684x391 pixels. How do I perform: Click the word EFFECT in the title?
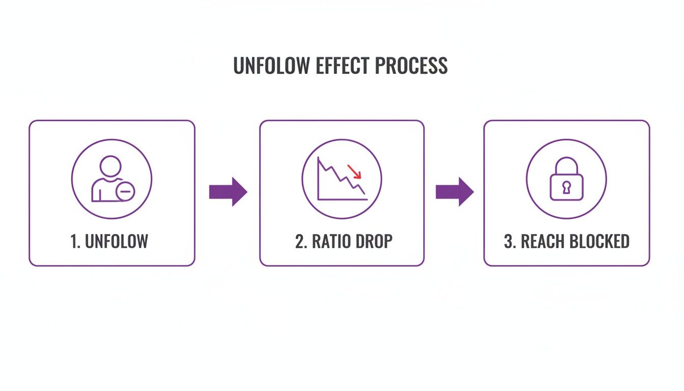[x=338, y=66]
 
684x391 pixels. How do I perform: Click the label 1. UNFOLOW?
[x=109, y=241]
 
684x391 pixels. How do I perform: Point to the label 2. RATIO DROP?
[x=344, y=241]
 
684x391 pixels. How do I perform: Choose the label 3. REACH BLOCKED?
[x=566, y=241]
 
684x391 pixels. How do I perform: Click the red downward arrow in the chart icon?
[x=354, y=172]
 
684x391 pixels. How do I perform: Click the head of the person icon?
[x=110, y=166]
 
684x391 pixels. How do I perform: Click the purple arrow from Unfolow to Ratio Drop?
[x=228, y=192]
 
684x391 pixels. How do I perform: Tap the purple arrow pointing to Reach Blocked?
[x=454, y=192]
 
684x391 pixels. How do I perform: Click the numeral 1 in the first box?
[x=74, y=241]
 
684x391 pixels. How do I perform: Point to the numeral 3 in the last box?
[x=508, y=241]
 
